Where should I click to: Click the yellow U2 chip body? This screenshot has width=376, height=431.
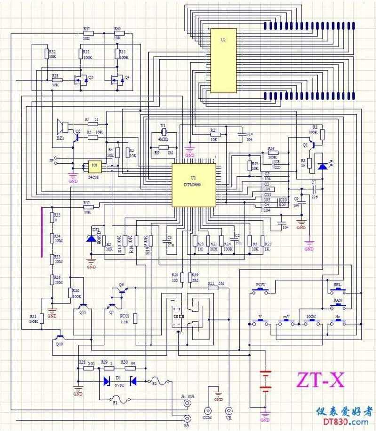pos(223,60)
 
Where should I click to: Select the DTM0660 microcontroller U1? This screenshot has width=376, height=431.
pos(193,185)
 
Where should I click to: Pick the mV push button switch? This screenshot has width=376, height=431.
pos(287,323)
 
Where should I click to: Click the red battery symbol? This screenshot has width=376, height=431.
pos(266,381)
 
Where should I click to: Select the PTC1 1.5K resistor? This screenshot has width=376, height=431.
pos(135,319)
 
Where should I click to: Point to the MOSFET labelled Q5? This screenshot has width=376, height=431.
pos(81,80)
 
